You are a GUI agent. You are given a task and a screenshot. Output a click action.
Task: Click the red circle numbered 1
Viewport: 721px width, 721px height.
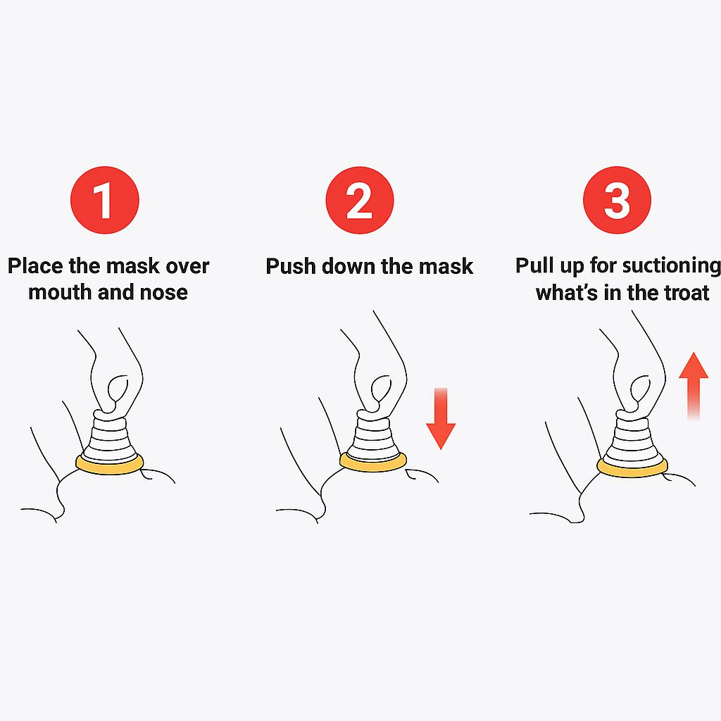click(105, 200)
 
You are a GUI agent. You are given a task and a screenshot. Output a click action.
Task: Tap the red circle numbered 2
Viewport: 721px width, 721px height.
click(360, 200)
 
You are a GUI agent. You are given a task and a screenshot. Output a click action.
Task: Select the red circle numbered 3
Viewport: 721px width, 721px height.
click(617, 200)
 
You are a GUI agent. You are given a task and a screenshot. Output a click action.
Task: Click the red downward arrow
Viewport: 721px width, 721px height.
click(441, 418)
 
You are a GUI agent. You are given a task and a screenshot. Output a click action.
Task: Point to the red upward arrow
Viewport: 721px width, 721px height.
click(694, 387)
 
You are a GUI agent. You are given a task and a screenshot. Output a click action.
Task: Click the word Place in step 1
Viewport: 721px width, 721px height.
click(35, 266)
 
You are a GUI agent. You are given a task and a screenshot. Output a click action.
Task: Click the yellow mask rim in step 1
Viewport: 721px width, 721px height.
click(109, 465)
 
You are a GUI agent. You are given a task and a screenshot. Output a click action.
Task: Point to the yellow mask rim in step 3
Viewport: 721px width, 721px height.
click(632, 468)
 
